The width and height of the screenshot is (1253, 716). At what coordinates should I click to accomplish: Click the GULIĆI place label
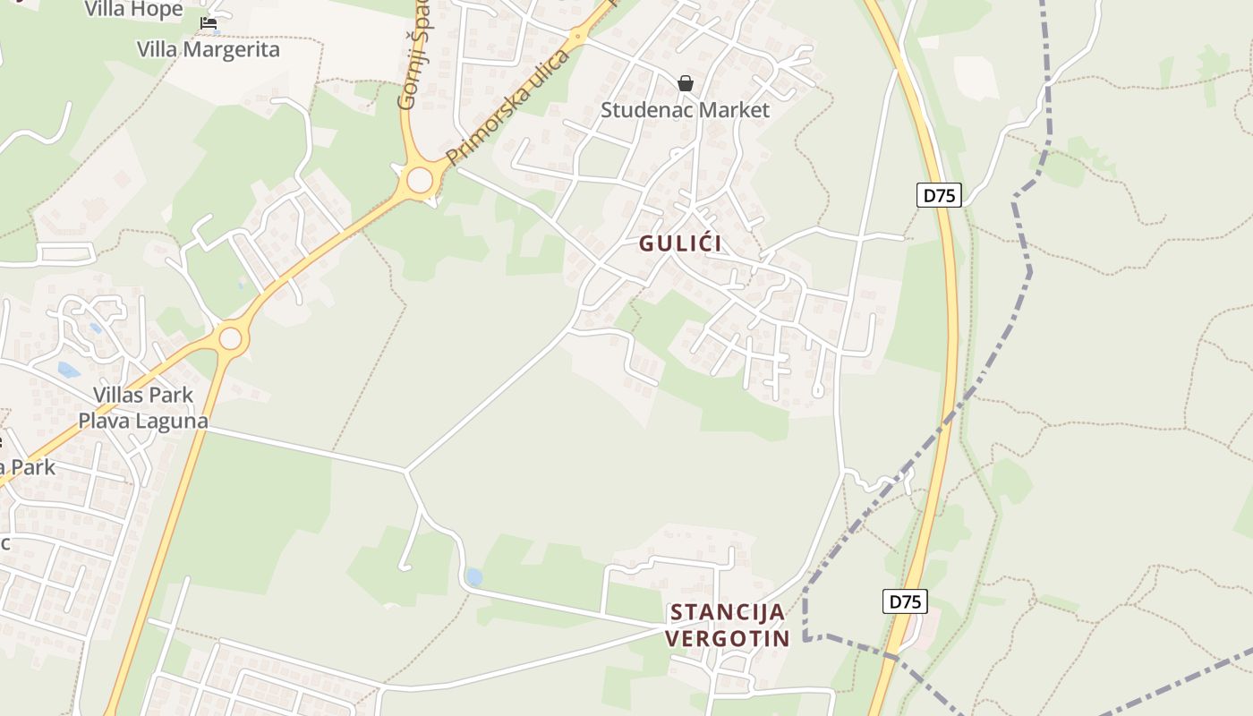tap(680, 243)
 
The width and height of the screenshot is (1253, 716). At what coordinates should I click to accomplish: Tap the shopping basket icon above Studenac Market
tap(686, 83)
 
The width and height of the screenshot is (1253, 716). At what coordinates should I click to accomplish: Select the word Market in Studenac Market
tap(736, 110)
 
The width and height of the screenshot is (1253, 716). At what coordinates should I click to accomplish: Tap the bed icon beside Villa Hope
tap(209, 23)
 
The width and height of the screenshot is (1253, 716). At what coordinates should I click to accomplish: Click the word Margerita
tap(234, 49)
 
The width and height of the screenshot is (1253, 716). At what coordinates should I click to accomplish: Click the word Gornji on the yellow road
tap(408, 84)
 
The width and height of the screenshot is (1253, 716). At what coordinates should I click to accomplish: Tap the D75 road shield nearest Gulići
tap(939, 195)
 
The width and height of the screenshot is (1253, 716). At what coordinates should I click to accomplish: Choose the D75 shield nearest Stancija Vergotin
tap(905, 601)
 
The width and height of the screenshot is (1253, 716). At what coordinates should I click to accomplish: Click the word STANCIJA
tap(728, 612)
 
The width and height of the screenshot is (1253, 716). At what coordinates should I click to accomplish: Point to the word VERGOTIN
tap(728, 638)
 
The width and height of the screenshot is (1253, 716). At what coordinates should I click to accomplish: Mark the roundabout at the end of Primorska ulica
tap(420, 180)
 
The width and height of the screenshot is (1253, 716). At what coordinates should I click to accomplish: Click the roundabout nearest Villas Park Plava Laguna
tap(231, 338)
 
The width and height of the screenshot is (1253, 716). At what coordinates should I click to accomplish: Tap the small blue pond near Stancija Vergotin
tap(473, 577)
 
